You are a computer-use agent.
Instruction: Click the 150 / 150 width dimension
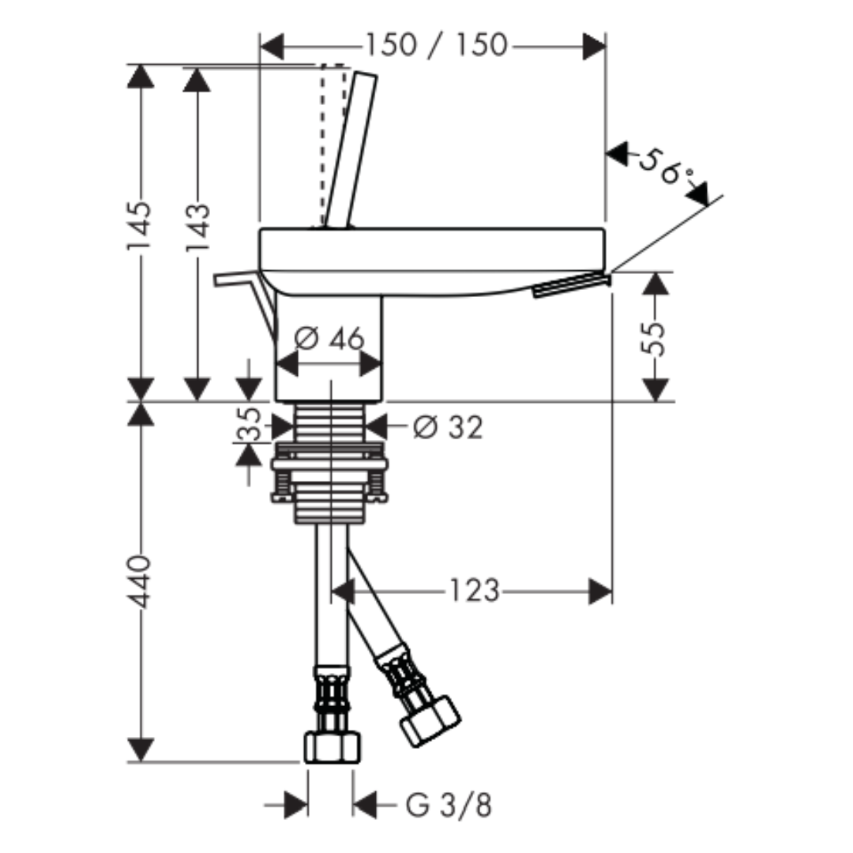click(x=436, y=44)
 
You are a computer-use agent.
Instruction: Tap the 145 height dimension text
click(x=138, y=226)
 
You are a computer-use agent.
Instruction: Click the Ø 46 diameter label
click(x=329, y=339)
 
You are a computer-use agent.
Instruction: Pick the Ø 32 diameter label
click(x=448, y=427)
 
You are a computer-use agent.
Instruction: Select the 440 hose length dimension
click(x=138, y=581)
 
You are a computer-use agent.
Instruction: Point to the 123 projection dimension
click(x=474, y=591)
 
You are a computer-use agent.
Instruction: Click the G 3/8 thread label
click(x=449, y=805)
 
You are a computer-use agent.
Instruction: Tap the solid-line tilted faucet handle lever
click(x=350, y=149)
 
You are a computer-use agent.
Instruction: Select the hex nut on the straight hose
click(x=332, y=747)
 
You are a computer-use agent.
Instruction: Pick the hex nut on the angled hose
click(x=430, y=721)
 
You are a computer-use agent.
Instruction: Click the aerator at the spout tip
click(x=572, y=285)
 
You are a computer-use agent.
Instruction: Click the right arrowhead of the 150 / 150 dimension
click(x=593, y=47)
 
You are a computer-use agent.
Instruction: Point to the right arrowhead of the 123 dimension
click(x=600, y=592)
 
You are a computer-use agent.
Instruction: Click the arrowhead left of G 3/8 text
click(x=296, y=805)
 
